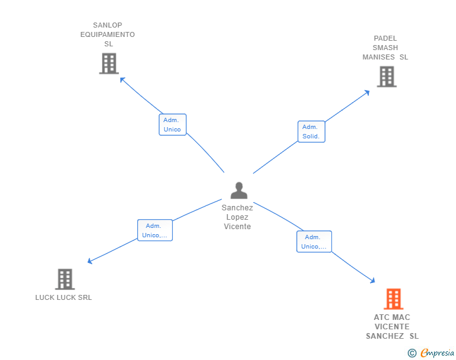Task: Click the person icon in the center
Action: [239, 190]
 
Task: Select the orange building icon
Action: [393, 299]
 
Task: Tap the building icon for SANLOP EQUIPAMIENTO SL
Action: [109, 63]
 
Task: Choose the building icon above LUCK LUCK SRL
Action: [65, 279]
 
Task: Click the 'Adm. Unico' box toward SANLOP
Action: [172, 125]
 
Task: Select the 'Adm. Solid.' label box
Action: [311, 131]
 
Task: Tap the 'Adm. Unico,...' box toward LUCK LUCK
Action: [155, 230]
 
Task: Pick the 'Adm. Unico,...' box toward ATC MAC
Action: [314, 242]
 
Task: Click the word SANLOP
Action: [108, 26]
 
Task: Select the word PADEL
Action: [385, 38]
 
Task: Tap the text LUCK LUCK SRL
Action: [63, 297]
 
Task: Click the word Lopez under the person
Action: [237, 217]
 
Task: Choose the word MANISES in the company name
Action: [379, 57]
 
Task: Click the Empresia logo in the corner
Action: [437, 353]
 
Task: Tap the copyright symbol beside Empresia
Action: [412, 353]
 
